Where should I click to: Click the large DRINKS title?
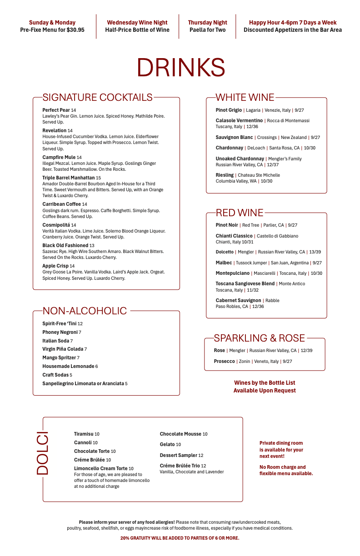point(180,68)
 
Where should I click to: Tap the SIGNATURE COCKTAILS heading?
point(97,97)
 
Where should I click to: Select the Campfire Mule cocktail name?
point(59,158)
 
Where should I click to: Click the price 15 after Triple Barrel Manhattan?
point(98,178)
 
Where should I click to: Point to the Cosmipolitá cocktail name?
point(56,225)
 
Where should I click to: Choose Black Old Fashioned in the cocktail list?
point(65,245)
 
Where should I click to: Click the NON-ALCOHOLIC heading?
point(85,311)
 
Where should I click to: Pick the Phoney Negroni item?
point(60,333)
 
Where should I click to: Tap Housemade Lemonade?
point(68,367)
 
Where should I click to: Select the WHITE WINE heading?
point(245,97)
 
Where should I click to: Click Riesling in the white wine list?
point(225,175)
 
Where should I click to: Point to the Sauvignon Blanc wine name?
point(234,137)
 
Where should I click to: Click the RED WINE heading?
point(240,213)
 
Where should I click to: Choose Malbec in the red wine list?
point(224,263)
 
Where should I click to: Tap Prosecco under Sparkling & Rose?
point(224,362)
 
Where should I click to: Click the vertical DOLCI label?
point(42,454)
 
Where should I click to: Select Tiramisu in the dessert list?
point(84,434)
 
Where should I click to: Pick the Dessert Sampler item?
point(178,455)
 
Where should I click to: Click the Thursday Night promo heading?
point(207,23)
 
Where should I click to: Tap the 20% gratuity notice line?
point(180,538)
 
